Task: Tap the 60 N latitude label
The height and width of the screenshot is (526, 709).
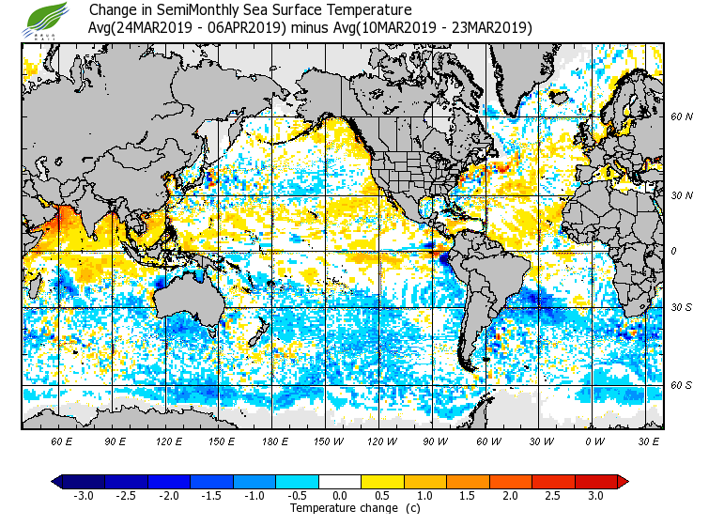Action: [x=682, y=117]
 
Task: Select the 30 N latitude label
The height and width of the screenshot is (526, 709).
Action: [x=682, y=195]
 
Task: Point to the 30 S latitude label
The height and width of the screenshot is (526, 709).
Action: [x=682, y=308]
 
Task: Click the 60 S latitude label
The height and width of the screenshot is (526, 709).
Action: [x=682, y=385]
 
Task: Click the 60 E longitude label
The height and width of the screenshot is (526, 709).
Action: [x=62, y=441]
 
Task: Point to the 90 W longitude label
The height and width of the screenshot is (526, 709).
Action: [x=435, y=441]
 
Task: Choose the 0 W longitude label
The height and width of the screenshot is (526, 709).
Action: [x=594, y=441]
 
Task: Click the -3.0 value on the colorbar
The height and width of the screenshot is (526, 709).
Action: [x=84, y=496]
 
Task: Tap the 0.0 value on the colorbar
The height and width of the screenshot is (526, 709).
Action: [x=340, y=496]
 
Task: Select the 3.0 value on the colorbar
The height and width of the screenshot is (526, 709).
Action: [x=595, y=496]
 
